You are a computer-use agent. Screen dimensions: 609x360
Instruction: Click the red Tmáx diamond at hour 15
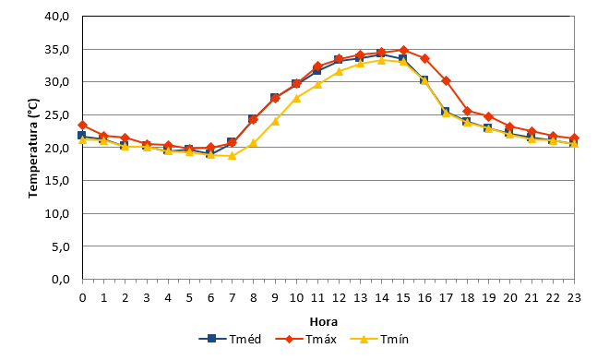[x=403, y=50]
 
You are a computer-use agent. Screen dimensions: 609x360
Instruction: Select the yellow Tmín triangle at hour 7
[x=233, y=156]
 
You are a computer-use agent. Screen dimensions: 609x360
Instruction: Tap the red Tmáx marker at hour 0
[x=82, y=125]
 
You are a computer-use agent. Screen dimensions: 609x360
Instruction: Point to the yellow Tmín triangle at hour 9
[x=275, y=121]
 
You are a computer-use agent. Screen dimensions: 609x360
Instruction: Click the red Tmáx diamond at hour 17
[x=447, y=81]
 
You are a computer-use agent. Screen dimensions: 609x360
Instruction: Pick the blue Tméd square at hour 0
[x=81, y=135]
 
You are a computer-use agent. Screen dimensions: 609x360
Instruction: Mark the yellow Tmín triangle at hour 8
[x=254, y=143]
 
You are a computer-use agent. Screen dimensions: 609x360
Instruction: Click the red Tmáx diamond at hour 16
[x=424, y=59]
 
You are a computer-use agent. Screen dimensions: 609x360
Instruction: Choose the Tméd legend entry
[x=230, y=339]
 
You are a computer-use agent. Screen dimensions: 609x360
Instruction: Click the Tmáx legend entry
[x=306, y=339]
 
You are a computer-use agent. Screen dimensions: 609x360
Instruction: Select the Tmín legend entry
[x=379, y=339]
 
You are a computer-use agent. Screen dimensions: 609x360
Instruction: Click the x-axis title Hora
[x=324, y=322]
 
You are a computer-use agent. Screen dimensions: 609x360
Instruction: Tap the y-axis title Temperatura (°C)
[x=33, y=148]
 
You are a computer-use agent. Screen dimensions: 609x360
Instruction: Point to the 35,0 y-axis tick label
[x=57, y=49]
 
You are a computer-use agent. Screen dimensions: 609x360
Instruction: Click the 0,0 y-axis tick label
[x=61, y=279]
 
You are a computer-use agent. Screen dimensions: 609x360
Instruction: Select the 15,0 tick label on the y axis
[x=57, y=181]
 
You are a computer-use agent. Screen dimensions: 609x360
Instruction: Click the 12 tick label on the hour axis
[x=339, y=298]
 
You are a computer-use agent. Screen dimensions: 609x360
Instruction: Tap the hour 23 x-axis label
[x=574, y=298]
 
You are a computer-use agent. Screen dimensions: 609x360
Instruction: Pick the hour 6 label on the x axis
[x=211, y=298]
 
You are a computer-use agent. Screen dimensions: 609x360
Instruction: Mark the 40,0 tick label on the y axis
[x=57, y=17]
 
